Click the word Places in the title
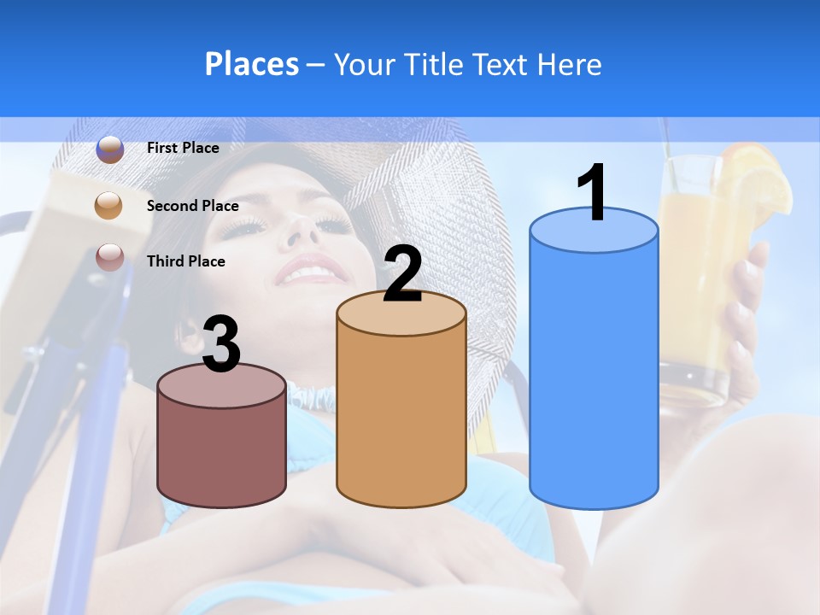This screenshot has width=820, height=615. [251, 64]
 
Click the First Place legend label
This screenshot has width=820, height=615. [183, 148]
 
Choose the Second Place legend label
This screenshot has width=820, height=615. [192, 205]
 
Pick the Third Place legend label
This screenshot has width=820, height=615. [185, 261]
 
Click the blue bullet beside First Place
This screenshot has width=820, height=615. [109, 149]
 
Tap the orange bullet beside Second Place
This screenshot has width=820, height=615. [109, 205]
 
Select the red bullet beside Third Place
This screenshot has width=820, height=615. [109, 257]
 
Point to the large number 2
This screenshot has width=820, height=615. [402, 274]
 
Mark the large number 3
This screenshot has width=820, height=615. [221, 345]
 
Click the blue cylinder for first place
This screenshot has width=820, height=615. [594, 376]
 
